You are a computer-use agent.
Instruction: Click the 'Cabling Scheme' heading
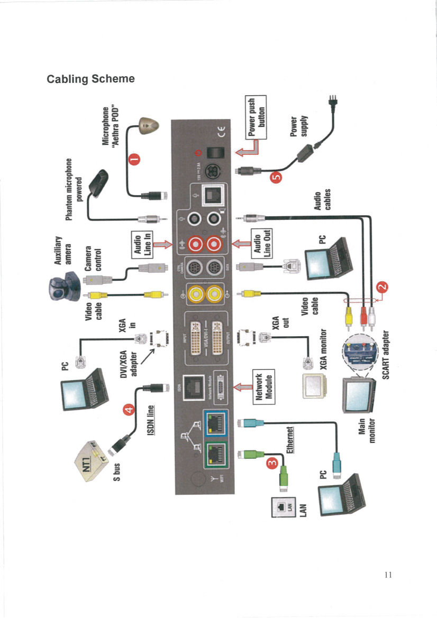click(x=90, y=79)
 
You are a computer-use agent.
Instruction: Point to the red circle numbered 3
click(x=272, y=463)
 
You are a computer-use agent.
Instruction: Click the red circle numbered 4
click(x=127, y=409)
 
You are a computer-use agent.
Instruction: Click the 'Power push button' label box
click(x=255, y=117)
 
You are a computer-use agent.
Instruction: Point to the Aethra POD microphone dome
click(x=146, y=125)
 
